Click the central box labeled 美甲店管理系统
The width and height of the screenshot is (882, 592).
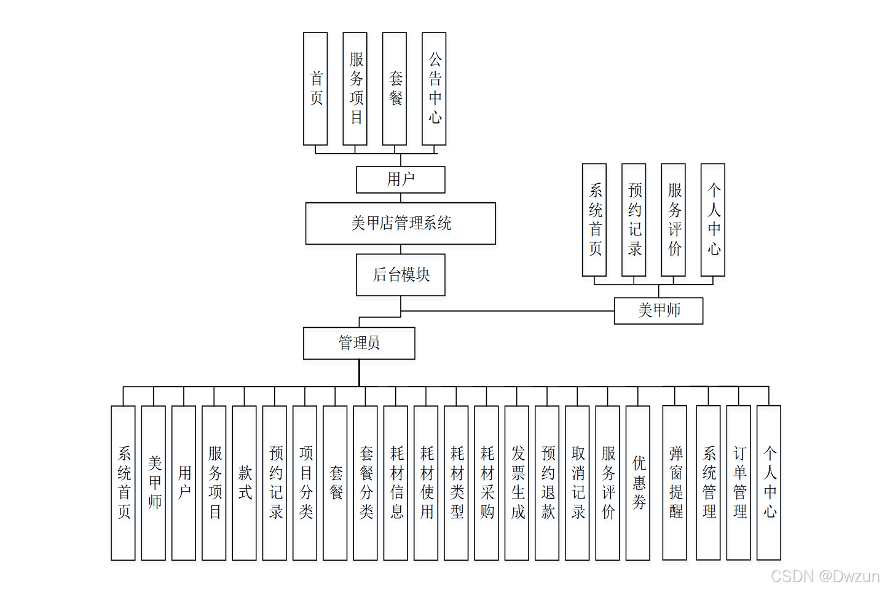pyautogui.click(x=401, y=223)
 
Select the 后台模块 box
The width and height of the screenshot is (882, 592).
pyautogui.click(x=401, y=275)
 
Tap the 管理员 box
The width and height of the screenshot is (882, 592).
pyautogui.click(x=359, y=343)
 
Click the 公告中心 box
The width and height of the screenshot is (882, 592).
pyautogui.click(x=435, y=89)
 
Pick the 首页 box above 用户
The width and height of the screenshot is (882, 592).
pyautogui.click(x=315, y=89)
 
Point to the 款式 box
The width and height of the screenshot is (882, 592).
pyautogui.click(x=245, y=483)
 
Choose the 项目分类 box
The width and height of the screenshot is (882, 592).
pyautogui.click(x=305, y=483)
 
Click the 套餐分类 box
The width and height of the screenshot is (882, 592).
pyautogui.click(x=366, y=483)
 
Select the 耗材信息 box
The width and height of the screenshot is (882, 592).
pyautogui.click(x=396, y=483)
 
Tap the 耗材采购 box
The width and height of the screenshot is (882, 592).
pyautogui.click(x=487, y=483)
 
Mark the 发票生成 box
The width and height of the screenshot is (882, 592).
pyautogui.click(x=517, y=483)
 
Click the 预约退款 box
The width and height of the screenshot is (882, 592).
pyautogui.click(x=547, y=483)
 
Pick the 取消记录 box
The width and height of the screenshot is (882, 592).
pyautogui.click(x=577, y=483)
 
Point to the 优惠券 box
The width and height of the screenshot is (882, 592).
pyautogui.click(x=638, y=483)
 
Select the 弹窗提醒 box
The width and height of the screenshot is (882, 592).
pyautogui.click(x=675, y=483)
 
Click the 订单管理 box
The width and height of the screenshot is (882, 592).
pyautogui.click(x=739, y=483)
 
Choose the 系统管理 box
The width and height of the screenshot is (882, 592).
pyautogui.click(x=709, y=483)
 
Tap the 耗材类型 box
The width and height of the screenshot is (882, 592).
pyautogui.click(x=457, y=483)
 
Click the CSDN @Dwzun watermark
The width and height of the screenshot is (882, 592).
pyautogui.click(x=825, y=577)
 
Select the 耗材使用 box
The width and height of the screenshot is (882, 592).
pyautogui.click(x=426, y=483)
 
